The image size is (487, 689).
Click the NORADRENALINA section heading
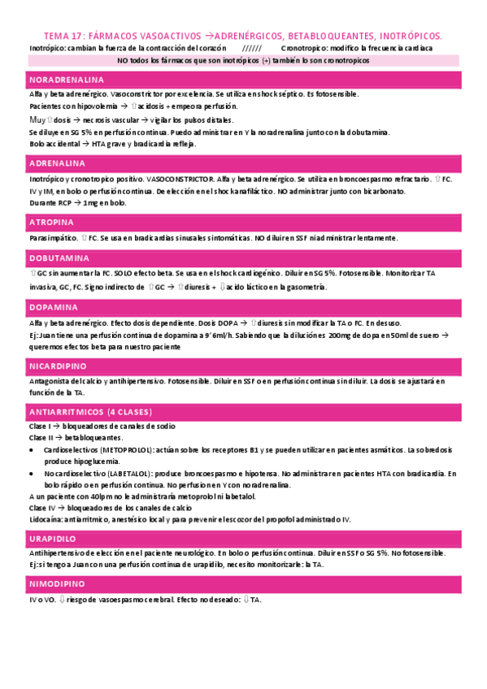67,80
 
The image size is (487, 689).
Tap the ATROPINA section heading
52,222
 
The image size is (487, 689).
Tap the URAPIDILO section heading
53,538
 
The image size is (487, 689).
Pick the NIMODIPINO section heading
57,583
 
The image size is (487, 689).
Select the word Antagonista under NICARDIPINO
50,381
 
